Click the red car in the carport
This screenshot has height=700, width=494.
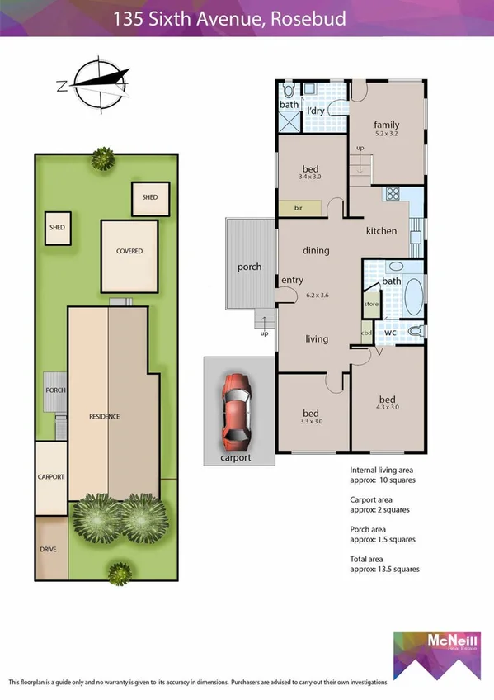236,409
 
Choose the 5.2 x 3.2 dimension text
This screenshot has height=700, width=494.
387,132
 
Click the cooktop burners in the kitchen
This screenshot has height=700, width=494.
393,196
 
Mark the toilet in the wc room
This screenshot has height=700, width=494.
415,331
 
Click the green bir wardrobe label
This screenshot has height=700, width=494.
299,209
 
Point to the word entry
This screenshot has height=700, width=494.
293,281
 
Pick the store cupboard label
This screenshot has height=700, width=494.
370,304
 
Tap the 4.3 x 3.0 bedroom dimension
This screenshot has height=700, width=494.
388,406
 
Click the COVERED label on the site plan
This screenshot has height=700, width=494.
129,251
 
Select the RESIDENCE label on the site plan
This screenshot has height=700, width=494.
105,416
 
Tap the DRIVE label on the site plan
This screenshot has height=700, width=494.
50,548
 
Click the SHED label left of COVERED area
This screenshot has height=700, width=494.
57,227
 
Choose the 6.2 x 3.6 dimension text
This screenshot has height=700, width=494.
317,294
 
